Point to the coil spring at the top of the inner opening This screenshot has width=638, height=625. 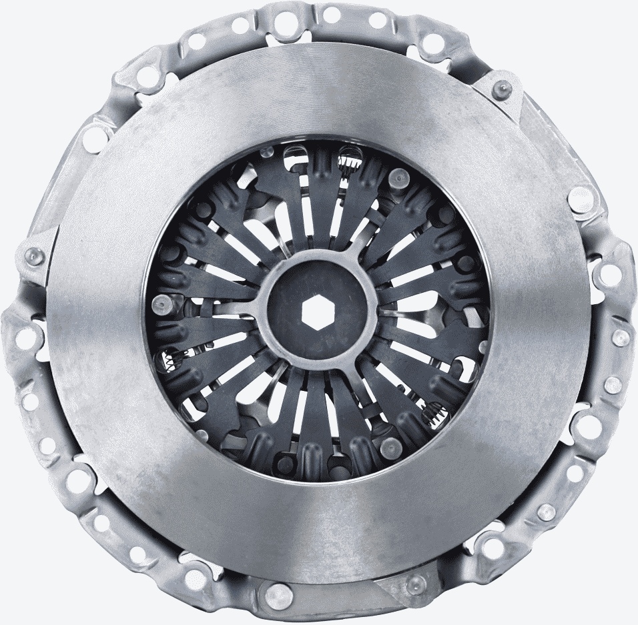[x=348, y=159]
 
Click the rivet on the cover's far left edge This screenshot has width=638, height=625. [x=31, y=255]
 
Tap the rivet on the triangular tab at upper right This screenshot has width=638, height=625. [x=501, y=88]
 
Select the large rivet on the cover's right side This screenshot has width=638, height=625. [x=579, y=197]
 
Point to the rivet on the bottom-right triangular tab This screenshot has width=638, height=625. [x=413, y=585]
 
